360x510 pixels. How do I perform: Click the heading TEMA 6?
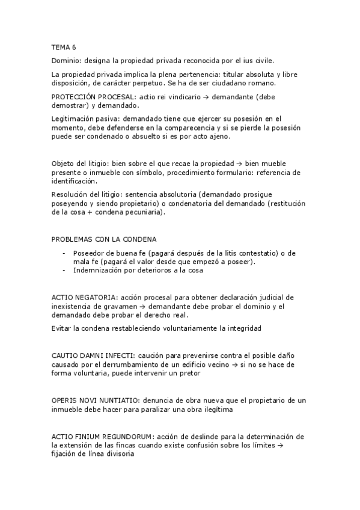point(64,47)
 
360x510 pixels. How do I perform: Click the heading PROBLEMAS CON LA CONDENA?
point(103,239)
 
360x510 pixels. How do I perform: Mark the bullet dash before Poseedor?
point(64,253)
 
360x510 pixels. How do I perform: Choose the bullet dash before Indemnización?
point(64,270)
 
